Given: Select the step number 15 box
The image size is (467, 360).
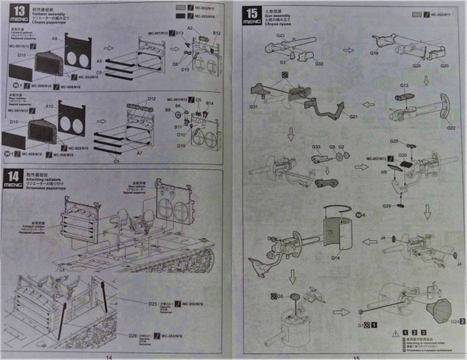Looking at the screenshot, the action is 252,13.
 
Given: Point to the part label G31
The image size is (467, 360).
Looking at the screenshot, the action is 253,107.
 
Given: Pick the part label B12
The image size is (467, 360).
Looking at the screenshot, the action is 216,34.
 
